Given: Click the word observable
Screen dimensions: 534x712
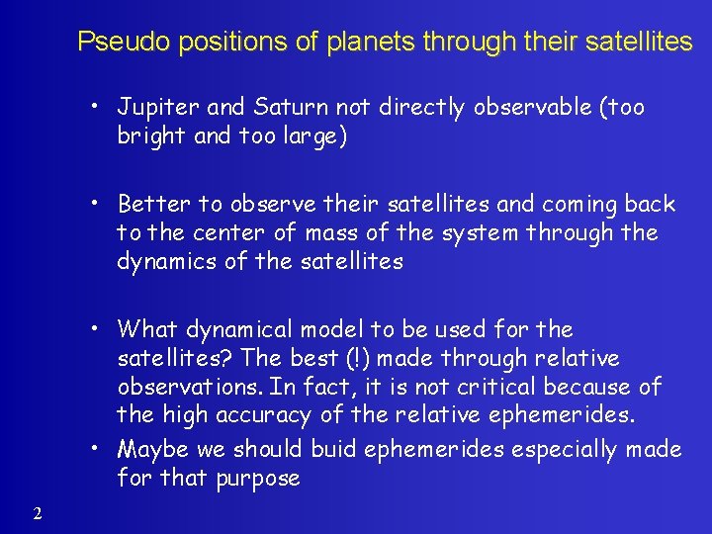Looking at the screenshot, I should click(x=524, y=107).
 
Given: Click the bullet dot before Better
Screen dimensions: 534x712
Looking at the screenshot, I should click(x=100, y=204).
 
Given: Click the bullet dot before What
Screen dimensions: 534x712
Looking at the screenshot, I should click(x=100, y=328).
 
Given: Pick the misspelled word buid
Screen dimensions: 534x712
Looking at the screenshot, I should click(x=333, y=450).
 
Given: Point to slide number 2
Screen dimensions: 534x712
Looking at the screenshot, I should click(x=37, y=512).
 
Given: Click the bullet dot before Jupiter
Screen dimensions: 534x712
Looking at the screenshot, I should click(x=100, y=107).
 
